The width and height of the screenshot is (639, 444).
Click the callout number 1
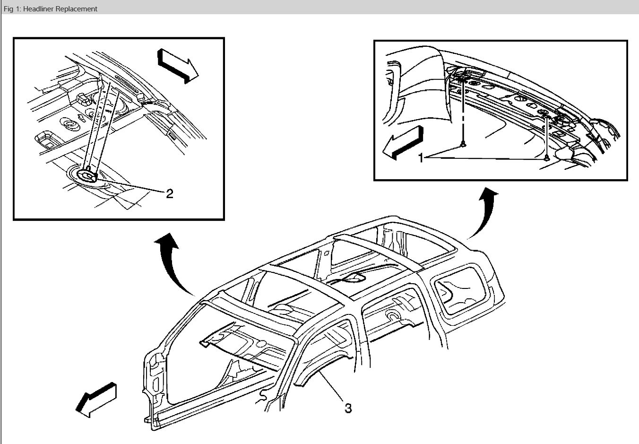click(421, 158)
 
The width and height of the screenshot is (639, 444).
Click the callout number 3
click(348, 408)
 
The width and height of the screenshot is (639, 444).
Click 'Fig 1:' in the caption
click(12, 9)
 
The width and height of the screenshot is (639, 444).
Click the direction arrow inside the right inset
click(402, 142)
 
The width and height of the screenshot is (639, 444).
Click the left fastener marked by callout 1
click(463, 145)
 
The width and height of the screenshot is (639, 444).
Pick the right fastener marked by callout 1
click(547, 157)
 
